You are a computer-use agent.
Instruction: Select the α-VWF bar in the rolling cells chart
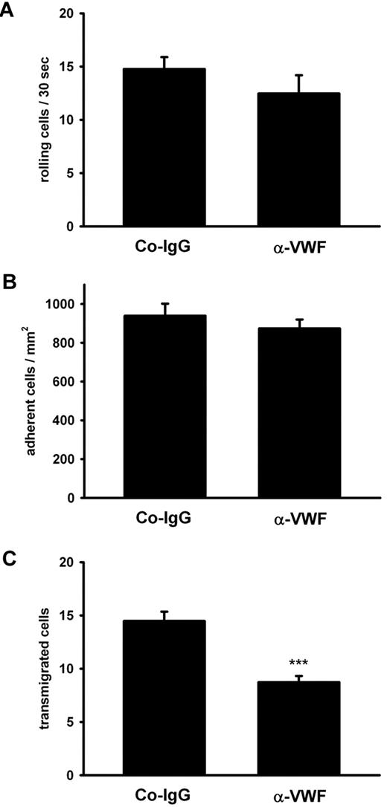coord(298,159)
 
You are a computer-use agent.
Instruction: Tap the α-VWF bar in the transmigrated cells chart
coord(298,728)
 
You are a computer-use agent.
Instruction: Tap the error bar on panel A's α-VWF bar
coord(298,83)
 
